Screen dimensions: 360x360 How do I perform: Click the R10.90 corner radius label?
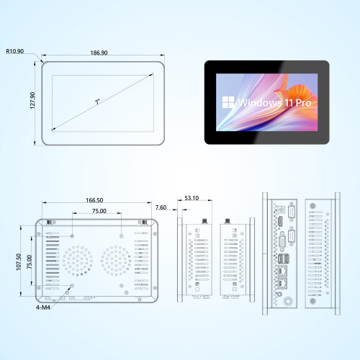(15, 51)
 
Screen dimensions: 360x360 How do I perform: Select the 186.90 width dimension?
(99, 53)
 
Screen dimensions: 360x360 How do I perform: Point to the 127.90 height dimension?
(32, 101)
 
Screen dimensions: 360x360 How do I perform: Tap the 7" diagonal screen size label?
(97, 102)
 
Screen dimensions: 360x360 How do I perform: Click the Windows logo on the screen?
(228, 102)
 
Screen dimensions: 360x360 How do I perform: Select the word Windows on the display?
(260, 103)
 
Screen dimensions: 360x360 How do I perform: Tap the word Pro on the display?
(303, 103)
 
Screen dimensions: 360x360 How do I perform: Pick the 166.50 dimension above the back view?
(94, 200)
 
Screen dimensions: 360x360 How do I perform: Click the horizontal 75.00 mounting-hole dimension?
(99, 211)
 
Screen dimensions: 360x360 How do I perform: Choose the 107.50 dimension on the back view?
(19, 262)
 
